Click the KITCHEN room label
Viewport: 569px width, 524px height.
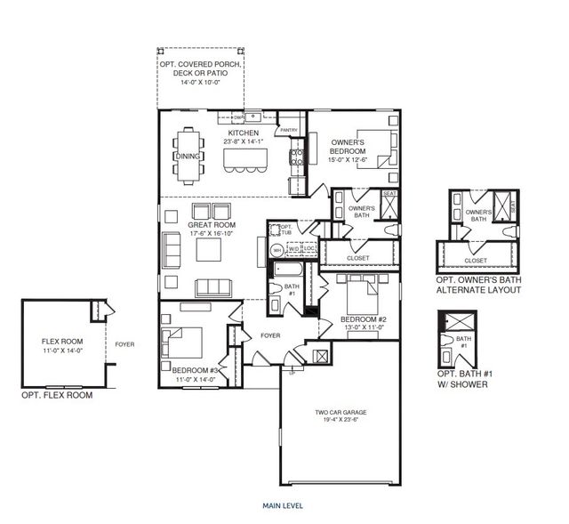click(x=218, y=133)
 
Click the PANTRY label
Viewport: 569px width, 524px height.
click(x=289, y=130)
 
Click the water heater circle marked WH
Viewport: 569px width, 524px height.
click(x=276, y=250)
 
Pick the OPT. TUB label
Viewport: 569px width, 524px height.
click(x=285, y=230)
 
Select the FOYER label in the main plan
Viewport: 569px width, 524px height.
click(x=270, y=336)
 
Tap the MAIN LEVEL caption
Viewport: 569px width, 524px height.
click(x=283, y=505)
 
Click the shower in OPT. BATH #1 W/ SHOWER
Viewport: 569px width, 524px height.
click(x=461, y=321)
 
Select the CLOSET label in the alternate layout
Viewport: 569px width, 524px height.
click(x=476, y=261)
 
